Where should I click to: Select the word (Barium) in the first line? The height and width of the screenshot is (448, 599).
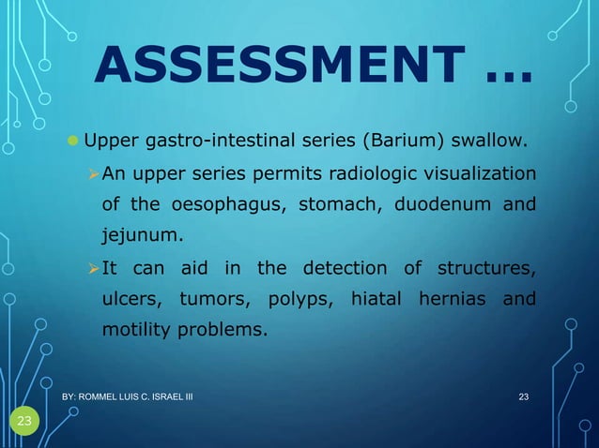click(x=397, y=143)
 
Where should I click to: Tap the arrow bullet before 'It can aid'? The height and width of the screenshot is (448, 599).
click(x=91, y=270)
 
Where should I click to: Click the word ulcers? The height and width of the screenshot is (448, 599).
click(x=131, y=300)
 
